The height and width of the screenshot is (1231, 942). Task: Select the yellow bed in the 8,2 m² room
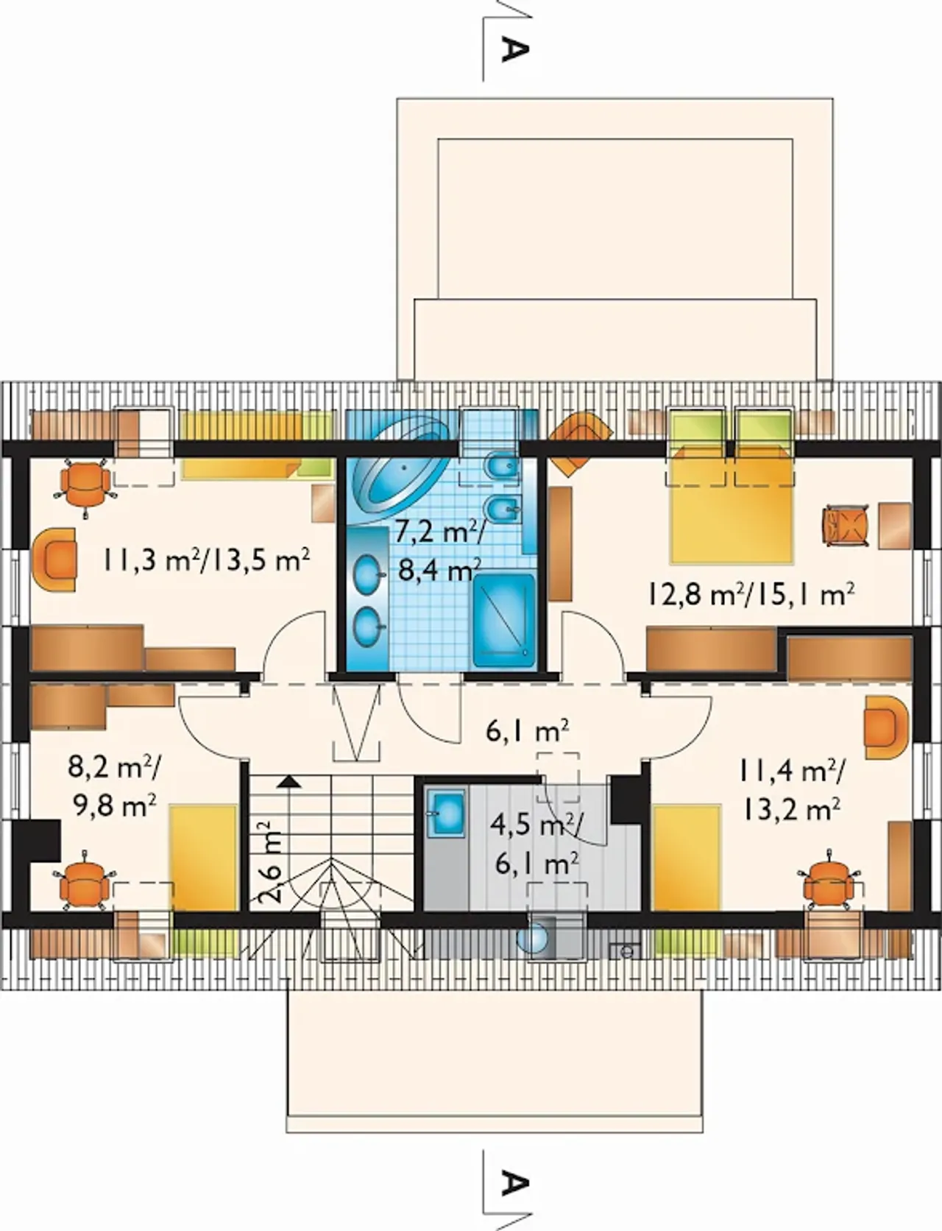(204, 858)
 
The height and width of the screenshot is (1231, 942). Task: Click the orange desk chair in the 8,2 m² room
(84, 881)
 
